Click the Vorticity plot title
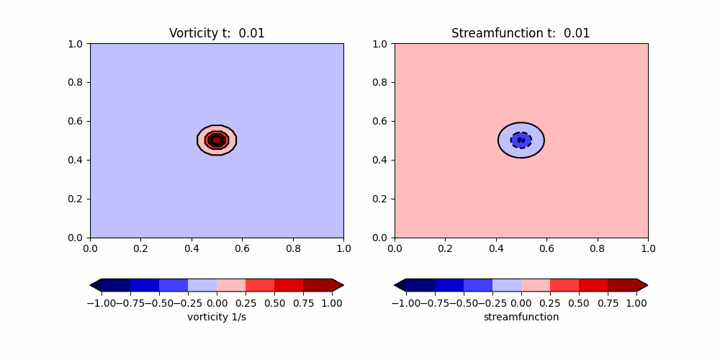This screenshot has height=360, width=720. click(x=217, y=33)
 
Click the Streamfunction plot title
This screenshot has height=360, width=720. click(x=521, y=33)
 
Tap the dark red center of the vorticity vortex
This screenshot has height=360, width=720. click(x=217, y=140)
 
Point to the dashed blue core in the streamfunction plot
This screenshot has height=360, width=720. click(x=521, y=140)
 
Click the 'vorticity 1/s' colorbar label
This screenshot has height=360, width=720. click(x=217, y=317)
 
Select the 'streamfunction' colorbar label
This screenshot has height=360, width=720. click(x=521, y=317)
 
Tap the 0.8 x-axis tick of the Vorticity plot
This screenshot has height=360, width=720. click(x=293, y=248)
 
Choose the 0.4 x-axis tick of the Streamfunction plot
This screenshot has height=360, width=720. click(x=496, y=248)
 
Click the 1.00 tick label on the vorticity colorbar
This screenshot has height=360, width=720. click(x=332, y=303)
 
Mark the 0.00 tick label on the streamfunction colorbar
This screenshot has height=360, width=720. click(x=521, y=303)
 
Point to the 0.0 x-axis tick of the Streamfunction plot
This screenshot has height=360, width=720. click(x=395, y=248)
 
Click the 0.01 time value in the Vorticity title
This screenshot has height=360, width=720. click(x=252, y=33)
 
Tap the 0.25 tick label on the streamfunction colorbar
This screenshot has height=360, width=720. click(x=549, y=303)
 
